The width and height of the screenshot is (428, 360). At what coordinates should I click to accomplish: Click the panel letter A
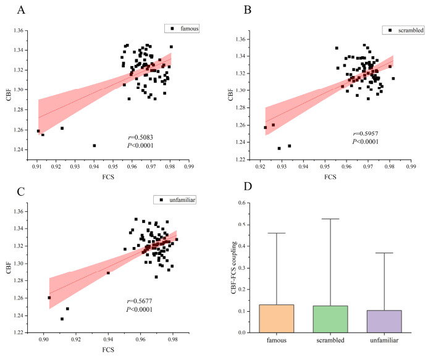pos(21,10)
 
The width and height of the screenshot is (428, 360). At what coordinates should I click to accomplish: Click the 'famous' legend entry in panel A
pos(184,28)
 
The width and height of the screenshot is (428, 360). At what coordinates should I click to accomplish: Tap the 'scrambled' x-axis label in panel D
pos(324,341)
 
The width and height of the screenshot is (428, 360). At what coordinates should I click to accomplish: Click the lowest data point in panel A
pos(94,146)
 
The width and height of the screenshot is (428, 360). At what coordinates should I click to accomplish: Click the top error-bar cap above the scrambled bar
pos(324,219)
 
